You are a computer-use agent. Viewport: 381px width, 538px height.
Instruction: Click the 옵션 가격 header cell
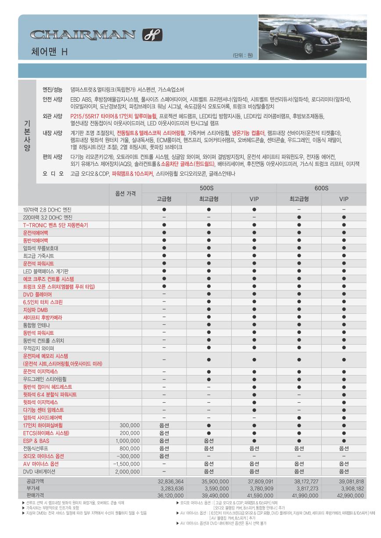pos(125,193)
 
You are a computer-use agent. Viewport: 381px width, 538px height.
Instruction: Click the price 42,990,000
pos(348,496)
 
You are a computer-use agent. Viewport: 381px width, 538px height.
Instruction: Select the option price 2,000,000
pos(127,472)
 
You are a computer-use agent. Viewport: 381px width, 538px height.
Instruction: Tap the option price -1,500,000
pos(126,464)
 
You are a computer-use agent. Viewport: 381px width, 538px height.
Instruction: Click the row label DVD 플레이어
pos(37,295)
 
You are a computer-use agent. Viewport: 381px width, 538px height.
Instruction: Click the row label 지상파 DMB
pos(35,310)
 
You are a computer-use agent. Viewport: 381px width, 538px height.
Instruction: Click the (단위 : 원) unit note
pos(242,56)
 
